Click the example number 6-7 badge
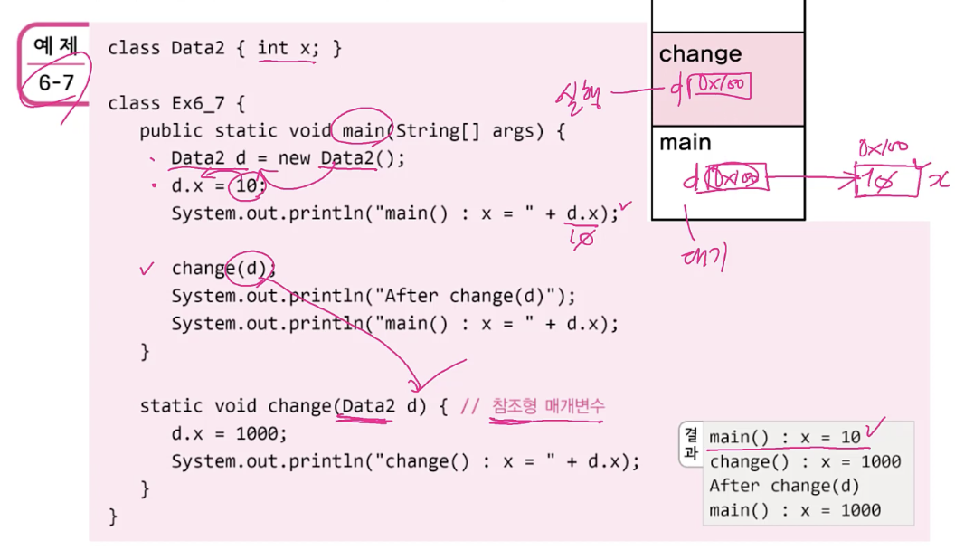[x=55, y=65]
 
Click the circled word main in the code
[x=364, y=131]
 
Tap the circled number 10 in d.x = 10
[x=246, y=187]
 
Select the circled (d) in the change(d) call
[x=254, y=269]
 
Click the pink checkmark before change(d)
[x=147, y=269]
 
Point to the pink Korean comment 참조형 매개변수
[x=548, y=406]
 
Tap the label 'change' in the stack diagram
[x=700, y=54]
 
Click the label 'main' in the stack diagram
[x=685, y=143]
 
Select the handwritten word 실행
[x=582, y=93]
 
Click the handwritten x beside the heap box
[x=938, y=180]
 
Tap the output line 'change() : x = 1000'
[x=805, y=462]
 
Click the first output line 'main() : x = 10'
[x=784, y=438]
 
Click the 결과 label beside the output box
[x=692, y=442]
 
